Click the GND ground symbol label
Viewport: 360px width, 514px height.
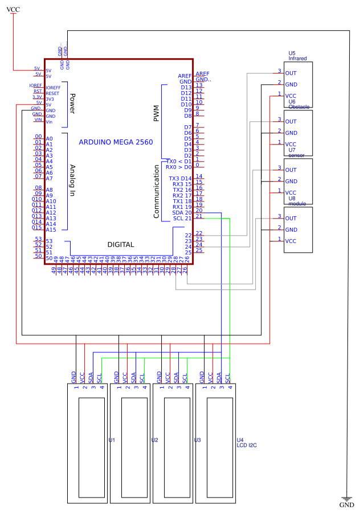346,505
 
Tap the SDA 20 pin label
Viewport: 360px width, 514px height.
182,212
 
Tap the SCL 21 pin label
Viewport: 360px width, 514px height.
182,218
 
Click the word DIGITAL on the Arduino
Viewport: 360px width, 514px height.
121,245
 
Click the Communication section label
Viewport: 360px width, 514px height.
157,191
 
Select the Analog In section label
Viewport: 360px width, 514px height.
72,180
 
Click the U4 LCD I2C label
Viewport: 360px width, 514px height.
246,442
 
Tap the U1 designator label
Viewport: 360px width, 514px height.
112,440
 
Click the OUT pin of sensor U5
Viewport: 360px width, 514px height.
291,73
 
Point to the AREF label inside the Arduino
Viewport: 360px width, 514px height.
185,76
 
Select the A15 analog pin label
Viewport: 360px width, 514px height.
50,229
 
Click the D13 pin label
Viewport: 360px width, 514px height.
186,87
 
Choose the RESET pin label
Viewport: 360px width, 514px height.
52,93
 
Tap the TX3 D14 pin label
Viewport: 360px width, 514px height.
181,178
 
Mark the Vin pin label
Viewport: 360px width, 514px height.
50,121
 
